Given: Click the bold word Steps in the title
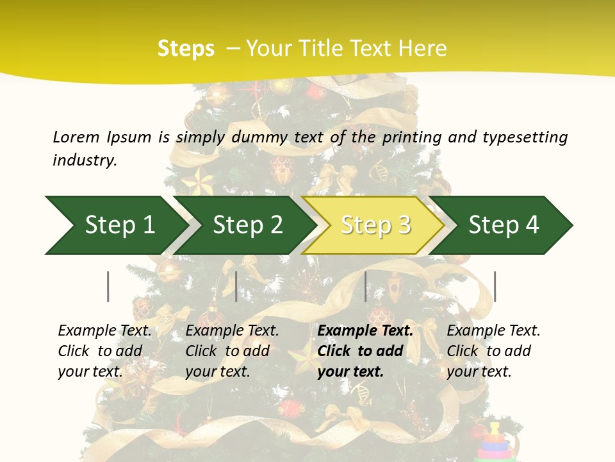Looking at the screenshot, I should [186, 49].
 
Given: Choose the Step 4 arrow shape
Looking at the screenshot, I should [504, 225].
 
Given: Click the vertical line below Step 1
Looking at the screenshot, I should [108, 286].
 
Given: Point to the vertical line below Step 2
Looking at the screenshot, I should [236, 286].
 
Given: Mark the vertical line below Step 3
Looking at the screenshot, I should [366, 286].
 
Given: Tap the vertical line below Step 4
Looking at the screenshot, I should [495, 286].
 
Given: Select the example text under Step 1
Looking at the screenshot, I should [104, 351].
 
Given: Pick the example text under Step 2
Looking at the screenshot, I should [232, 351].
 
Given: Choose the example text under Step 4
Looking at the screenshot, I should [493, 351].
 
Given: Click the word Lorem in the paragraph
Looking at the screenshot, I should [76, 137].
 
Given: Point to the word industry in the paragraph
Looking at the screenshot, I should [85, 160].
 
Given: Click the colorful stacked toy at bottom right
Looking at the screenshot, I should [495, 443].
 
